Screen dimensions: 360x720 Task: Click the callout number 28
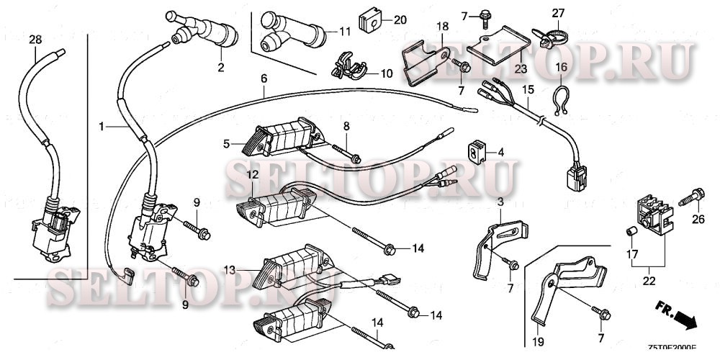35,40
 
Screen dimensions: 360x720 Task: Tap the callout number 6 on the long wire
264,77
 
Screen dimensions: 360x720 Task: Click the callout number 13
230,270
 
